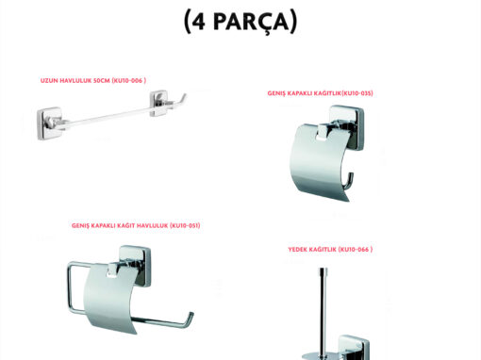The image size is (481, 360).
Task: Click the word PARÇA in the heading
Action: (251, 22)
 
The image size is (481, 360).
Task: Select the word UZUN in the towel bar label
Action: (49, 81)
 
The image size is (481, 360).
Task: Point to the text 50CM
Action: (101, 81)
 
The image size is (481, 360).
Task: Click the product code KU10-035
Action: (357, 93)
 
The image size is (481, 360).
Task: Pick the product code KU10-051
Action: (185, 225)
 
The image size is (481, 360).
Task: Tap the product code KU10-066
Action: (355, 250)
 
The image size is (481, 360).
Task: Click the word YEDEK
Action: (297, 250)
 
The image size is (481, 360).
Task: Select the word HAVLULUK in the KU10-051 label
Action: (153, 225)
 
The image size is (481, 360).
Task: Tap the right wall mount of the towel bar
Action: (158, 104)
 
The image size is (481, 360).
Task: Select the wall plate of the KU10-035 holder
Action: (347, 127)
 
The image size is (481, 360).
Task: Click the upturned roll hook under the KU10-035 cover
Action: (348, 181)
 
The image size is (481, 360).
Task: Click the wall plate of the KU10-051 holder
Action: (136, 266)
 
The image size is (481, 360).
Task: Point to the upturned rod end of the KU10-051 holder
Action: (190, 319)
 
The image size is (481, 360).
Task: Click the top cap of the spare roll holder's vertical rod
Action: (323, 270)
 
